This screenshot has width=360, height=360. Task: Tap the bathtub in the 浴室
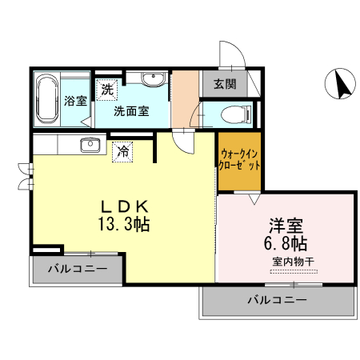tap(46, 100)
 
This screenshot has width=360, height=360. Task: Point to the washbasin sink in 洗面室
tap(154, 79)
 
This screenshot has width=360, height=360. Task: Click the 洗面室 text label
tap(131, 111)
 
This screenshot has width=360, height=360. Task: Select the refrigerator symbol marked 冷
tap(123, 150)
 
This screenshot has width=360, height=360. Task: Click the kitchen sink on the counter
tap(89, 146)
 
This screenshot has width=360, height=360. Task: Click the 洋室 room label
tap(285, 224)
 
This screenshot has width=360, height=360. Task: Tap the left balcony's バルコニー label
tap(77, 269)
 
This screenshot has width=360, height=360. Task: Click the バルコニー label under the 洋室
tap(276, 301)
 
